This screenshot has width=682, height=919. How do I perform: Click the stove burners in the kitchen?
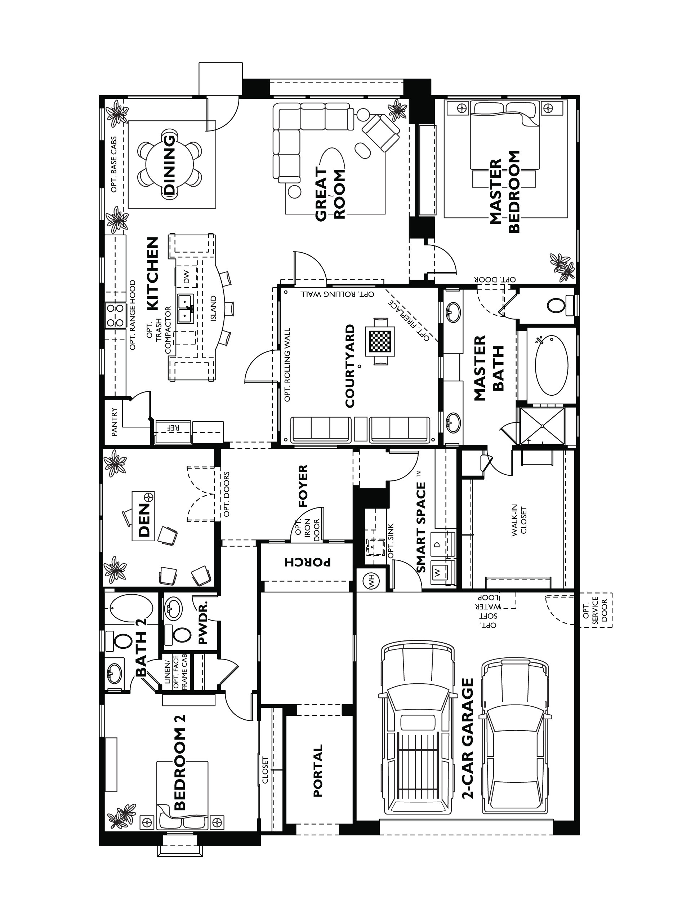(x=115, y=315)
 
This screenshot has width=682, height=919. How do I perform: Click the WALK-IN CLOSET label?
(x=519, y=521)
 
